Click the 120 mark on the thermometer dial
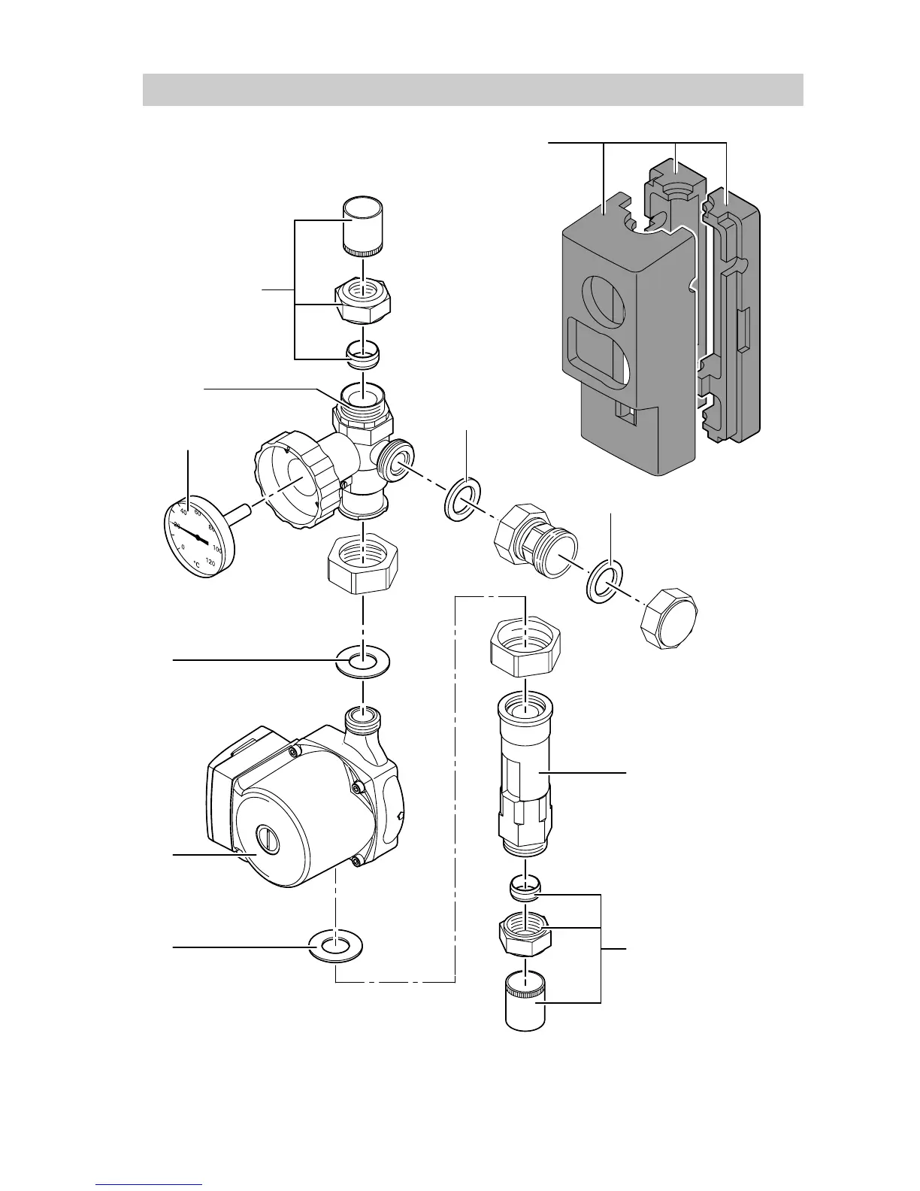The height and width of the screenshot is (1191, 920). pos(210,562)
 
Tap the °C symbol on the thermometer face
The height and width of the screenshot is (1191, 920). pos(195,563)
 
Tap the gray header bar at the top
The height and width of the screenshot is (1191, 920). pos(473,90)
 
